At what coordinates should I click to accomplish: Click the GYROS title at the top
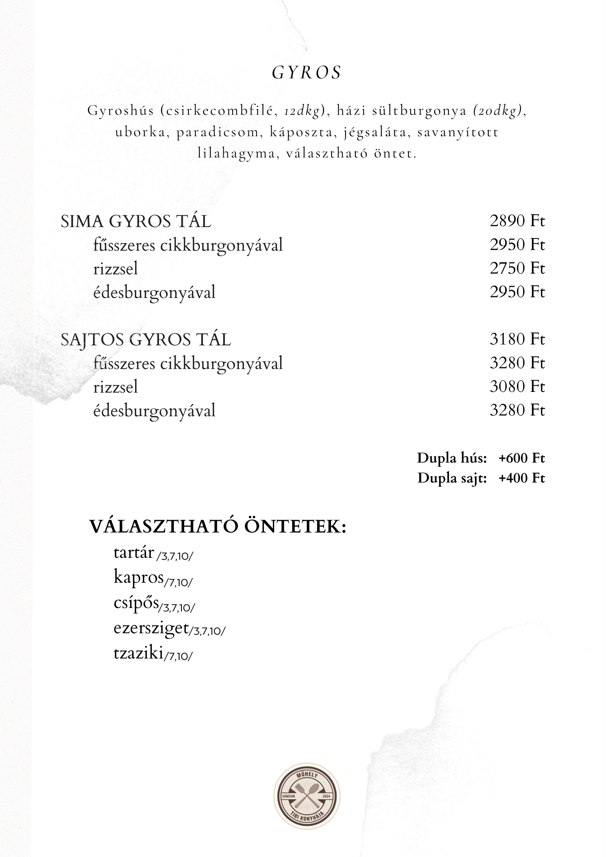click(x=306, y=73)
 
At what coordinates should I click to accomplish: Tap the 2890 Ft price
click(x=517, y=221)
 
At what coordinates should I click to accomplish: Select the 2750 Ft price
click(x=517, y=268)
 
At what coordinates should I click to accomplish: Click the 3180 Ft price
click(x=517, y=339)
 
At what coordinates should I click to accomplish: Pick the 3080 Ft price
click(x=517, y=387)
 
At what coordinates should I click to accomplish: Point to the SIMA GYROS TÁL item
click(x=136, y=222)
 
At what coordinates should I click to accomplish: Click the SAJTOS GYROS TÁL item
click(x=145, y=340)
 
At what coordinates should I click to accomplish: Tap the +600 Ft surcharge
click(x=521, y=458)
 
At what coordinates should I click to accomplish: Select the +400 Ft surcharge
click(x=521, y=478)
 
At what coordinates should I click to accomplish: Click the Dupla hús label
click(x=451, y=458)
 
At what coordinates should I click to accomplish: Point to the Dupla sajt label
click(x=452, y=478)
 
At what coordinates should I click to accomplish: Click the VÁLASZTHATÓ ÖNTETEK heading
click(x=218, y=527)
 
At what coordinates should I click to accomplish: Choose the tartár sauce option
click(x=134, y=553)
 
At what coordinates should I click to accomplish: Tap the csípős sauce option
click(x=136, y=603)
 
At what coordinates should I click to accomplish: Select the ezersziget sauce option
click(x=151, y=628)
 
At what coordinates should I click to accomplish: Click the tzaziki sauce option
click(x=138, y=653)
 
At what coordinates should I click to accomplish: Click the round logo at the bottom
click(x=307, y=796)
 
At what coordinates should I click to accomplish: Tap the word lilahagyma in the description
click(x=236, y=153)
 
